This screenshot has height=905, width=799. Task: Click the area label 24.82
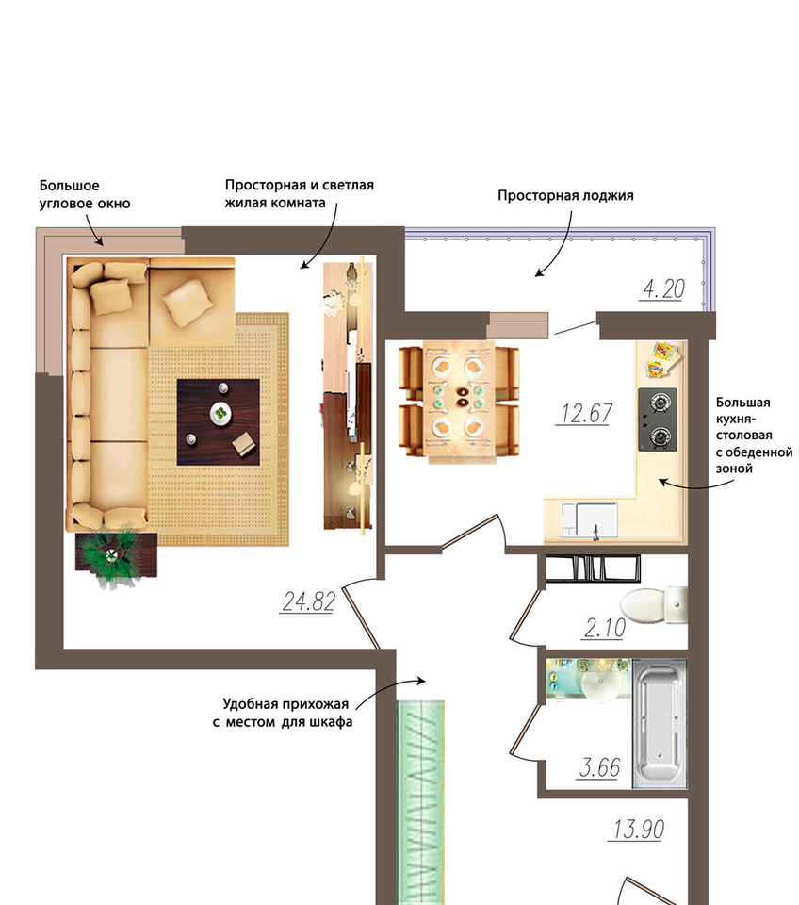[x=308, y=601]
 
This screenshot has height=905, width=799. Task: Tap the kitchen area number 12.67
[x=585, y=413]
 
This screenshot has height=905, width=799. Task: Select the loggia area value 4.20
[x=663, y=288]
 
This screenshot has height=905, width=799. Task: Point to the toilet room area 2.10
[x=604, y=628]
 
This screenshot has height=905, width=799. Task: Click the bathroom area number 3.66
[x=599, y=767]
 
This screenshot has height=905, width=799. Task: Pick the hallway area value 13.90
[x=638, y=830]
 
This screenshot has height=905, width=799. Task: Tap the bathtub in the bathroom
[x=660, y=724]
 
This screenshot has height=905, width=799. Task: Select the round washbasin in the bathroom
[x=601, y=685]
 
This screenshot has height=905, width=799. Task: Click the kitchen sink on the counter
[x=589, y=520]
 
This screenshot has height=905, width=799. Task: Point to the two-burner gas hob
[x=658, y=420]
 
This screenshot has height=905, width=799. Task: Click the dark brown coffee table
[x=218, y=422]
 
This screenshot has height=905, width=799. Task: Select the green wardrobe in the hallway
[x=421, y=802]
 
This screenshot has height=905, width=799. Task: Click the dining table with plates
[x=459, y=402]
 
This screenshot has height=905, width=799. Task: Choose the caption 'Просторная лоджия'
[x=565, y=196]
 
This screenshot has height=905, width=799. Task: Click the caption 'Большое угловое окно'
[x=85, y=194]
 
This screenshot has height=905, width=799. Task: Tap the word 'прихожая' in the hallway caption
[x=320, y=704]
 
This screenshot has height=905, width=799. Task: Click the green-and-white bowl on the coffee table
[x=220, y=413]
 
